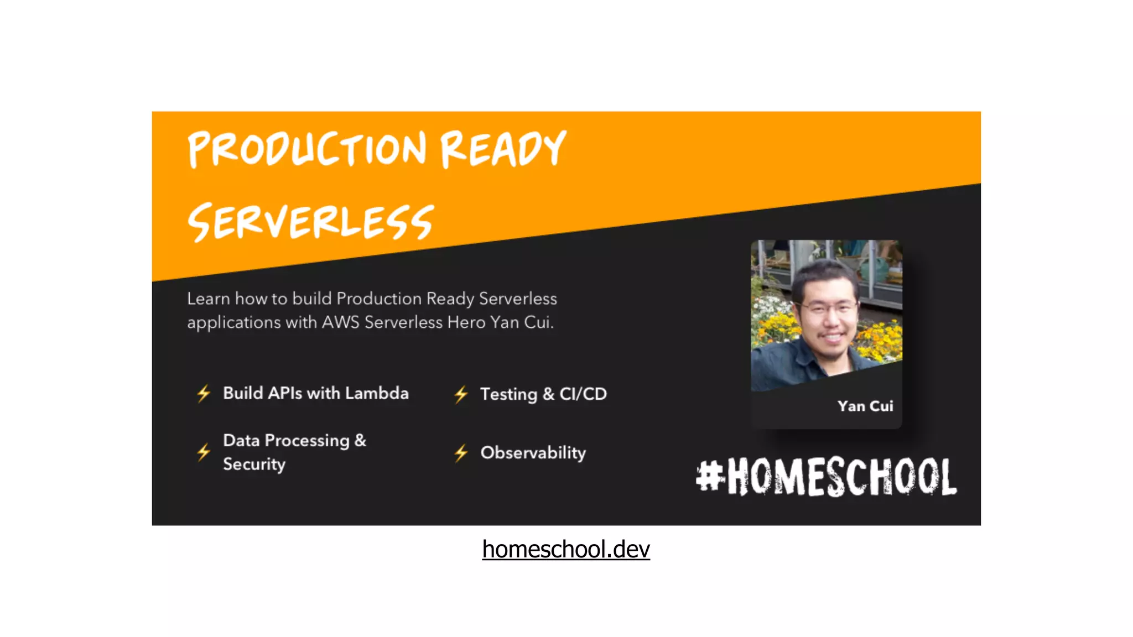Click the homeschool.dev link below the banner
566,550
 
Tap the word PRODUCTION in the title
308,149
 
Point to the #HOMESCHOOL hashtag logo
827,477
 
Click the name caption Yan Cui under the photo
865,406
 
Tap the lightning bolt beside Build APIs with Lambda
204,394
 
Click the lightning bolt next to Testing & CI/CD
461,394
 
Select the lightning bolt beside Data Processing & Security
204,452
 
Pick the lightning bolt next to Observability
461,453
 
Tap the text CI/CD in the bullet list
583,394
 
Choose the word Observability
533,453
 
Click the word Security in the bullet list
254,464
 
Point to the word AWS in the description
341,322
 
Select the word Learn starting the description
209,299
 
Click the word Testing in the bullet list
508,394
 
